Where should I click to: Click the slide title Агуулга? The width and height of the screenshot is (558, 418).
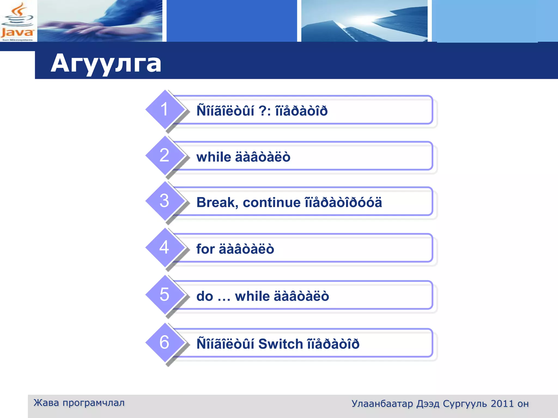(106, 63)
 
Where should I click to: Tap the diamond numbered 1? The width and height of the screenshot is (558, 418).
(165, 109)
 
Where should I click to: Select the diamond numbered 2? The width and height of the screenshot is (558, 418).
(165, 155)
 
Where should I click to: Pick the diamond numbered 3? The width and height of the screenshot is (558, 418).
(165, 201)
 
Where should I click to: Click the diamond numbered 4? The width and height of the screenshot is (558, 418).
(165, 247)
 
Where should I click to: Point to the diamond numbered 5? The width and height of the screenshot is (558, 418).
(165, 294)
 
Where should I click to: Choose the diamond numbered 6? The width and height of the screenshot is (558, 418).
(165, 342)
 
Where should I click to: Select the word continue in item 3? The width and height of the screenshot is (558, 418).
(271, 202)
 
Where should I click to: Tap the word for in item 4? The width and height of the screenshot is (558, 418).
(205, 249)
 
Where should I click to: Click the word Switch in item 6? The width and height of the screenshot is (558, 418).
(280, 344)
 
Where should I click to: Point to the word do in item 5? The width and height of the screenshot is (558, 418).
(205, 296)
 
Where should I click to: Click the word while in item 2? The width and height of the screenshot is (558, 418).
(214, 157)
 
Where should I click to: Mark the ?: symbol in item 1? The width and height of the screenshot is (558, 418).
(264, 111)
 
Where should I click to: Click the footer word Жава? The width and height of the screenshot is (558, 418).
(46, 403)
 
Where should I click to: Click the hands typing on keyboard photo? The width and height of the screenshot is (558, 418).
(100, 21)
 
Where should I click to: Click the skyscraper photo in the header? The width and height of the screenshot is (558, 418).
(364, 21)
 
